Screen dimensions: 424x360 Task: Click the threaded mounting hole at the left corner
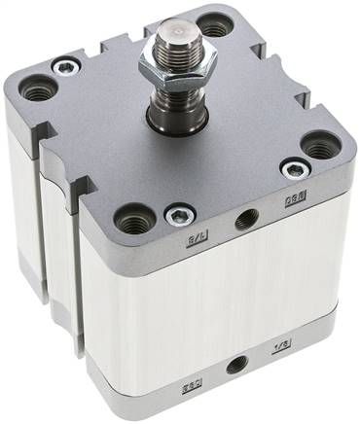[x=38, y=92]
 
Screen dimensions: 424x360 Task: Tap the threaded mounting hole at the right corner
[x=318, y=148]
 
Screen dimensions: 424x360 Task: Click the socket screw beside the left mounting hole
[x=65, y=67]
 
